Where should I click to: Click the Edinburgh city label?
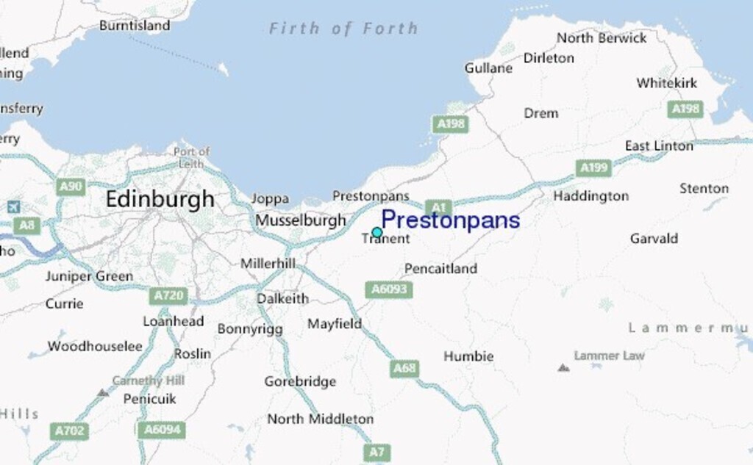(x=160, y=199)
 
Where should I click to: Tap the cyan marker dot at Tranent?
(x=377, y=233)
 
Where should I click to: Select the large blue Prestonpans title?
(x=450, y=220)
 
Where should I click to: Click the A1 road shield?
(x=437, y=208)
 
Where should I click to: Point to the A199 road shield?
(x=594, y=168)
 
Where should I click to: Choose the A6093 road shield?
(x=389, y=289)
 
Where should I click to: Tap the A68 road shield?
(x=404, y=368)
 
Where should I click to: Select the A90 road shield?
(x=71, y=187)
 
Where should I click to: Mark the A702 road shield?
(x=70, y=430)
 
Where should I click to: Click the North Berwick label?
(x=602, y=38)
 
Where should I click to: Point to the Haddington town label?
(x=590, y=196)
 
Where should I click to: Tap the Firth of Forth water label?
(x=343, y=29)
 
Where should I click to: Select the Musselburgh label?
(x=301, y=220)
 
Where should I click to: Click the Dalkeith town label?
(x=282, y=299)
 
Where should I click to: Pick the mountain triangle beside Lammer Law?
(x=563, y=367)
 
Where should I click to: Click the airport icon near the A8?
(x=14, y=207)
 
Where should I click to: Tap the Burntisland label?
(x=135, y=26)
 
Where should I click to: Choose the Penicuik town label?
(x=149, y=399)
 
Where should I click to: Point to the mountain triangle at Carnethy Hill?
(x=103, y=393)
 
